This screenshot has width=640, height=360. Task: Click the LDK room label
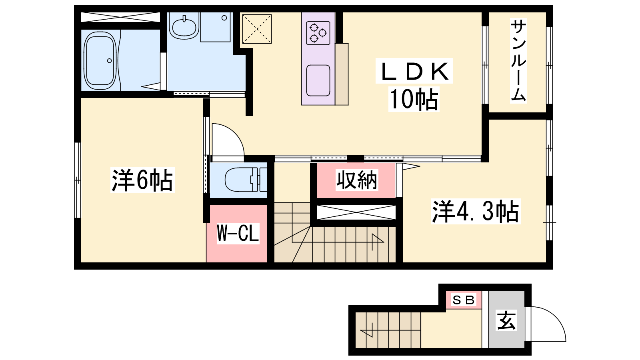[414, 71]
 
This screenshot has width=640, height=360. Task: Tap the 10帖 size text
[414, 100]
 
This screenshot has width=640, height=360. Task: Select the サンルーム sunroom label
[518, 60]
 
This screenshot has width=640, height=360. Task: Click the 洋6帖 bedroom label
[142, 180]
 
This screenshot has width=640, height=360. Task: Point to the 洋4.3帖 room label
[476, 212]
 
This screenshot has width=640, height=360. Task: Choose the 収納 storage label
[356, 180]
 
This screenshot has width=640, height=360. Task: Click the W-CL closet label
[238, 234]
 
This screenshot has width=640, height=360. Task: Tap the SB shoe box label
[464, 300]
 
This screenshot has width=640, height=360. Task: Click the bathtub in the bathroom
[100, 60]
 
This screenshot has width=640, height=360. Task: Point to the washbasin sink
[184, 27]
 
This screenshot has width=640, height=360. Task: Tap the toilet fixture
[246, 180]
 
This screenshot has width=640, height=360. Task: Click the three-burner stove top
[318, 33]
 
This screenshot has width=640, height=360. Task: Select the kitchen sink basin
[318, 80]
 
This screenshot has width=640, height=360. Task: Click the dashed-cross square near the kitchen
[257, 29]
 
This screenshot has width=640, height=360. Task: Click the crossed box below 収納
[356, 212]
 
